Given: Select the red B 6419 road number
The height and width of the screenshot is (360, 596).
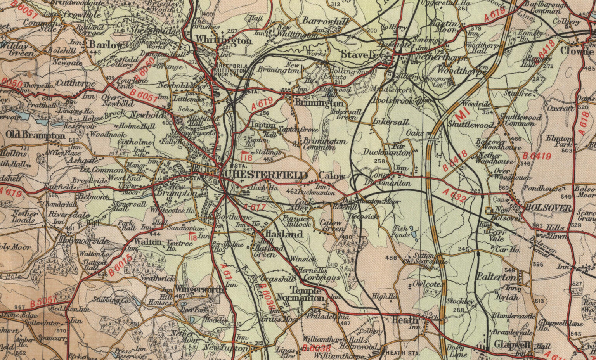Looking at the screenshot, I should tap(537, 156).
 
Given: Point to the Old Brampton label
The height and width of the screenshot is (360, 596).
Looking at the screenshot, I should tap(35, 135).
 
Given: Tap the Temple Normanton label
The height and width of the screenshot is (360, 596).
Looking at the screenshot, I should tap(307, 294).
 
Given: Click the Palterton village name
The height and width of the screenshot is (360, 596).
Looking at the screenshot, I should tap(496, 277).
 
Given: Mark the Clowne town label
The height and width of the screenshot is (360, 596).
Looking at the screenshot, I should tap(577, 51).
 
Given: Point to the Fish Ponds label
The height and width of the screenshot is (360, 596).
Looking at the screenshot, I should tap(400, 232).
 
